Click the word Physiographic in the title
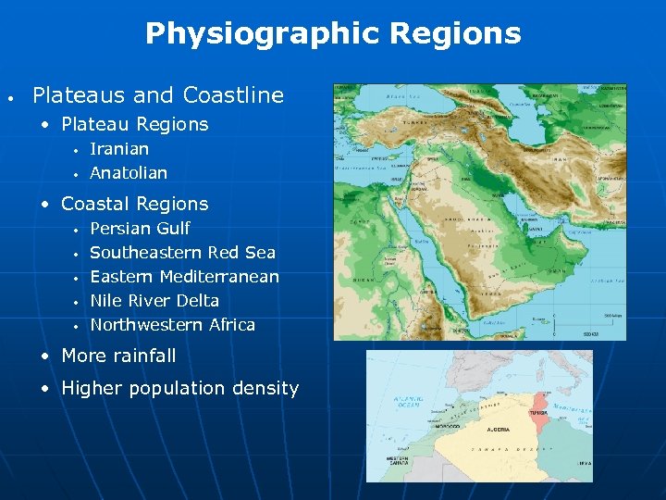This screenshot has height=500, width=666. click(x=262, y=34)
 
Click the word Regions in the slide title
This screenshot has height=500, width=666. click(x=455, y=34)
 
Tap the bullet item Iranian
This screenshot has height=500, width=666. click(x=119, y=148)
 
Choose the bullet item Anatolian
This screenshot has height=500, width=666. click(x=129, y=172)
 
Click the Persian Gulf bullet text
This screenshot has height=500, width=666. click(x=140, y=228)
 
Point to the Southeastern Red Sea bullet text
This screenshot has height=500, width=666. click(x=182, y=252)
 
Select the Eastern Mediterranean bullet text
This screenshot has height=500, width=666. click(x=184, y=276)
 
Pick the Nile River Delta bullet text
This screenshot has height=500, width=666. click(x=154, y=300)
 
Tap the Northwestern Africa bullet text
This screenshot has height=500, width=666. click(x=172, y=324)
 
